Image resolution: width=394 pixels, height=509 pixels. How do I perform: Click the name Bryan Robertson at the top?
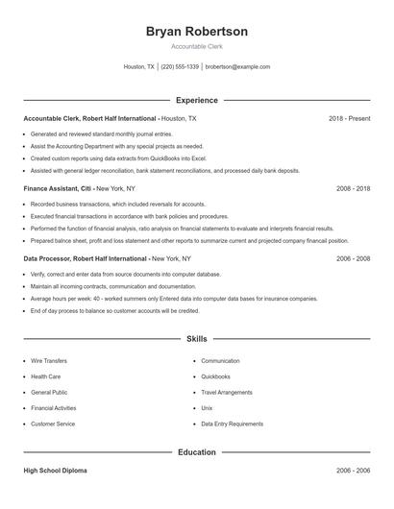[197, 32]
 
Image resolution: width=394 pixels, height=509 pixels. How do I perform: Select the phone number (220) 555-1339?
[180, 67]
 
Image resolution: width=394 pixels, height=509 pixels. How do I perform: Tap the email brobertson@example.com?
[238, 67]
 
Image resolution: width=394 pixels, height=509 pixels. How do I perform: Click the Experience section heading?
[197, 100]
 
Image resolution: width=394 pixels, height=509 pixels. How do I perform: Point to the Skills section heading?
[197, 339]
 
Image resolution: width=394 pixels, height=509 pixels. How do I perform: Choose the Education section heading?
[197, 451]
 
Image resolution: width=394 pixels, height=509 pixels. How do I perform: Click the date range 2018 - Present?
[349, 118]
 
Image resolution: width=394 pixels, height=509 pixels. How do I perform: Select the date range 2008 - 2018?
[353, 189]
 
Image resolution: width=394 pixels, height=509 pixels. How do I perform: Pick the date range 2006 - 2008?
[353, 259]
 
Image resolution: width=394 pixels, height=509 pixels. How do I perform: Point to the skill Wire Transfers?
[49, 361]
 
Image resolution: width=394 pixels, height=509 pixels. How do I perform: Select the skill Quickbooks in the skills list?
[215, 376]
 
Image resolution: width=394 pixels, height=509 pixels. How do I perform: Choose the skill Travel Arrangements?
[226, 393]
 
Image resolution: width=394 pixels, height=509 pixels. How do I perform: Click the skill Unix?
[207, 408]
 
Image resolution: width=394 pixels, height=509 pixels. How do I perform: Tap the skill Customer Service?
[52, 424]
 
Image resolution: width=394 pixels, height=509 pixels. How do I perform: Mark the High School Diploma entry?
[56, 472]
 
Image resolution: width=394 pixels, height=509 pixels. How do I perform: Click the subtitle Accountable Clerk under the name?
[197, 47]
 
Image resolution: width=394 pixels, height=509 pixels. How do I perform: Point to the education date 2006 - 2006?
[353, 472]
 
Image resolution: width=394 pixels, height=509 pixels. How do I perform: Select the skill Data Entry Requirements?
[232, 424]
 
